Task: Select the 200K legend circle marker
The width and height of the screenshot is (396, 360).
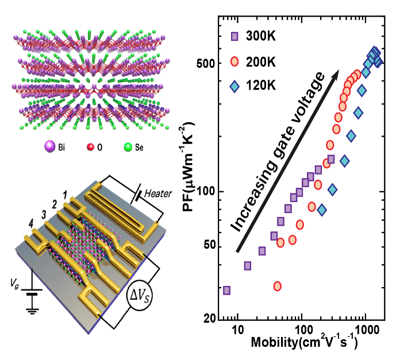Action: (233, 61)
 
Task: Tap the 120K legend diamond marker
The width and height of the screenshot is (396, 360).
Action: (233, 86)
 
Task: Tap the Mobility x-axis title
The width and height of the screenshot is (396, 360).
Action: (304, 344)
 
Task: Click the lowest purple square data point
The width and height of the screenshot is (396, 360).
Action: (226, 291)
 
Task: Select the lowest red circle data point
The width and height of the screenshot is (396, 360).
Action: (278, 286)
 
